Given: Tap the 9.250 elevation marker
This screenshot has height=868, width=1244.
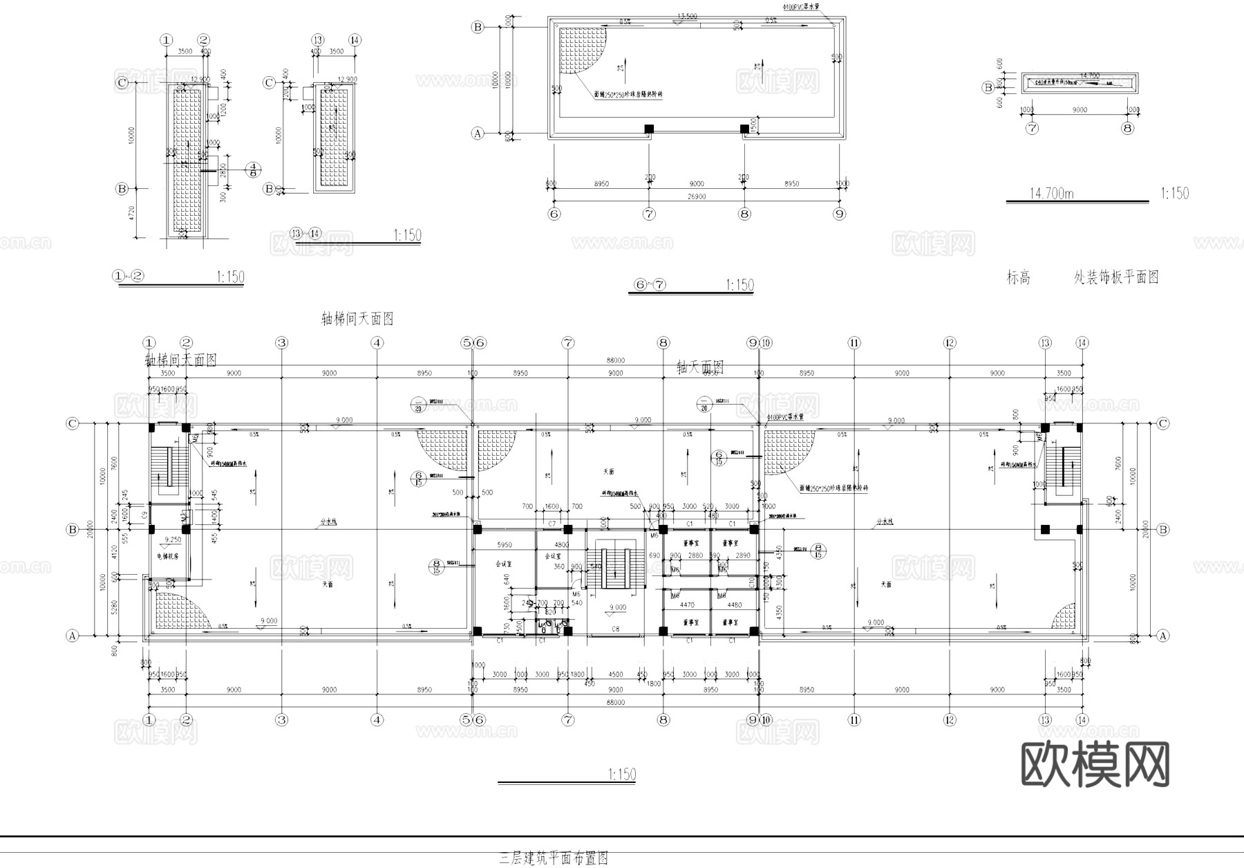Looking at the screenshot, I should (x=172, y=539).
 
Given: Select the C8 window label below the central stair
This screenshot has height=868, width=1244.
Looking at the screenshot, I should (x=615, y=629).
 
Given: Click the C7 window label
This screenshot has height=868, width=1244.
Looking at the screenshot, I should (x=552, y=524).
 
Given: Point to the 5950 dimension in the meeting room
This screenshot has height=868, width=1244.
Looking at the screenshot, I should (x=505, y=545).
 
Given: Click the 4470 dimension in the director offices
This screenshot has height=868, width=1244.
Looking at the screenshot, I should (x=687, y=605).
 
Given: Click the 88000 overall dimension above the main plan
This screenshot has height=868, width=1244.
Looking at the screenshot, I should (x=615, y=360).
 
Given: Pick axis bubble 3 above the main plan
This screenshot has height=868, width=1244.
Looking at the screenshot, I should (x=281, y=342).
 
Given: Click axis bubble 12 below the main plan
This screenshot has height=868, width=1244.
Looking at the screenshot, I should (x=949, y=720).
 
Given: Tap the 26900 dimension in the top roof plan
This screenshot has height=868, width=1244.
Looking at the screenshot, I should (x=697, y=196).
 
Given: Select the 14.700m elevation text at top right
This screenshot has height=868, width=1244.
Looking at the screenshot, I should (x=1051, y=194).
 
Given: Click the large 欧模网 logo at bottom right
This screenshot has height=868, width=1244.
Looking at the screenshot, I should (x=1095, y=765).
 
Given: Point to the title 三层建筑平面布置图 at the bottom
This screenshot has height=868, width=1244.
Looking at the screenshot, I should (x=554, y=858).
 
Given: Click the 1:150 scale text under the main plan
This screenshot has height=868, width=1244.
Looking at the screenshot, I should (x=621, y=775).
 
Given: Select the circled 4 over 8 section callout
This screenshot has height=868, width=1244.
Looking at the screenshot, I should (x=254, y=169).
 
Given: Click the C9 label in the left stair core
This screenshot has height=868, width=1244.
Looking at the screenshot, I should (x=144, y=515).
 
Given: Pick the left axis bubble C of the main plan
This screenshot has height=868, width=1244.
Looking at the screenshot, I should (x=72, y=423).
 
